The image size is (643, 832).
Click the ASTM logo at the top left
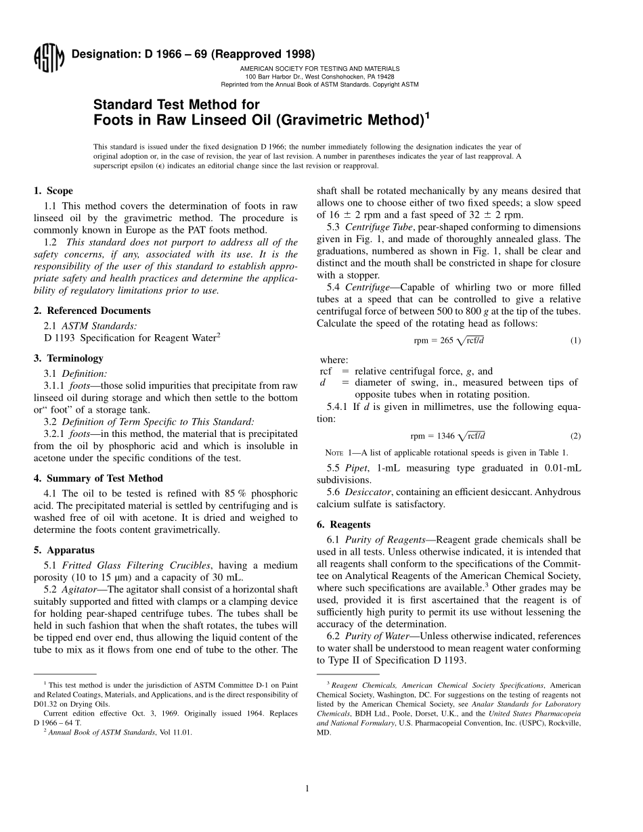coord(48,58)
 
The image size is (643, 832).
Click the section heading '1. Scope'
coord(53,191)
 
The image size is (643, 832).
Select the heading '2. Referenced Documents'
coord(92,310)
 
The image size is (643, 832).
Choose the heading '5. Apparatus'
coord(64,550)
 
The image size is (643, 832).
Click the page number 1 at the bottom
coord(307,788)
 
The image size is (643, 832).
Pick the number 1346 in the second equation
coord(444,436)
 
